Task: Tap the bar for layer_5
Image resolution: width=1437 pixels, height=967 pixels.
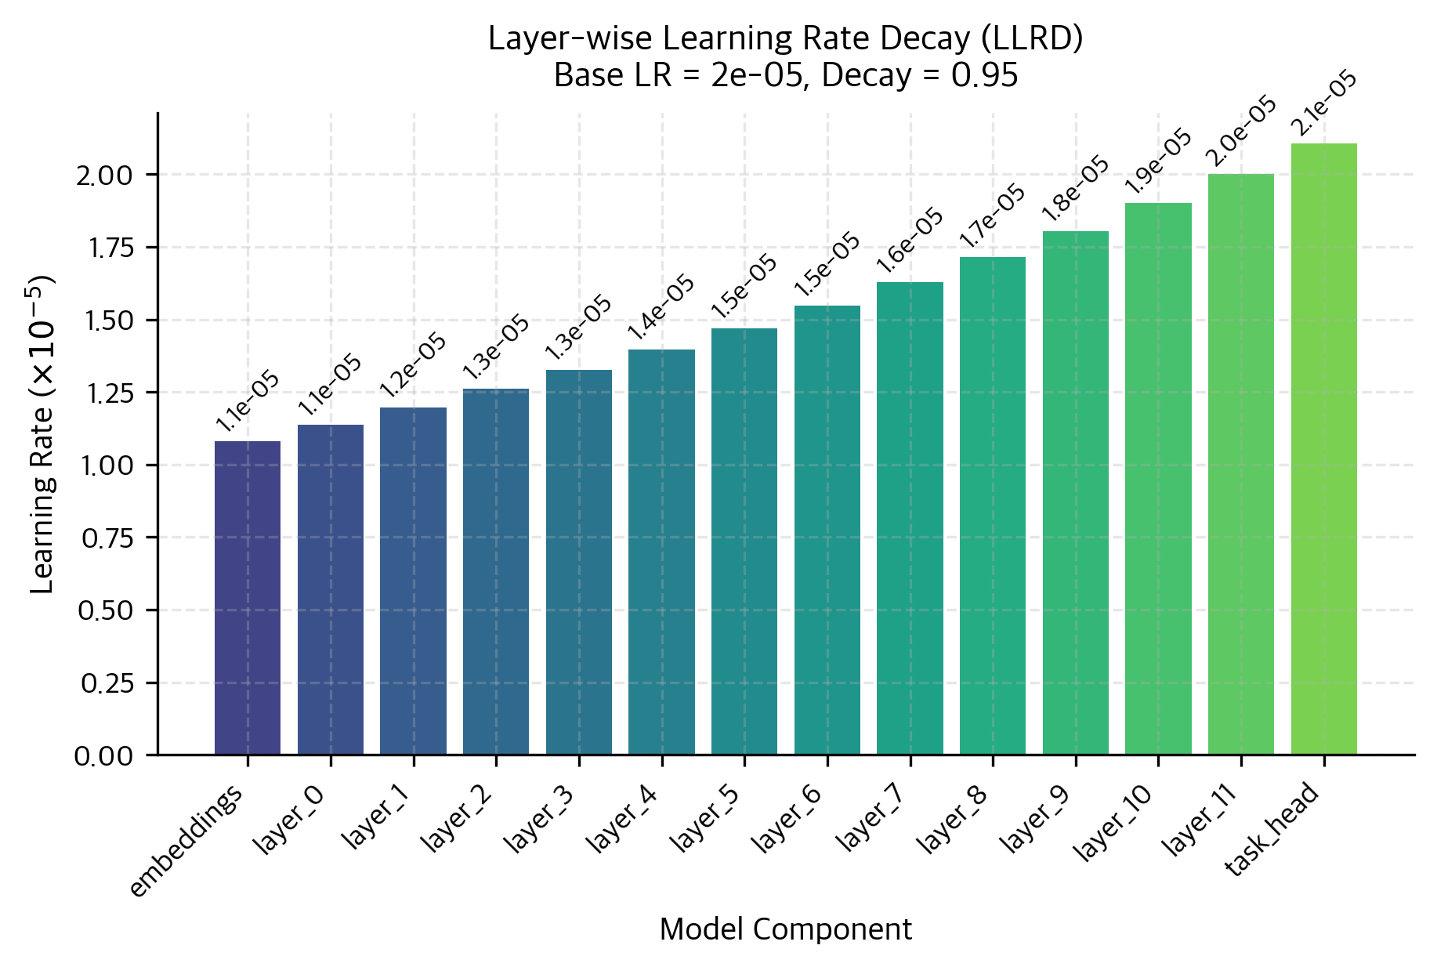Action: [x=744, y=541]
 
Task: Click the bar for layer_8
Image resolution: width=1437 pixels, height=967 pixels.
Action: [x=992, y=505]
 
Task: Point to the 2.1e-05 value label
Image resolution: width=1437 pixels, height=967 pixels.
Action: [x=1323, y=103]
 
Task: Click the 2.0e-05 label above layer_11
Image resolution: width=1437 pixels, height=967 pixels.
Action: [x=1241, y=132]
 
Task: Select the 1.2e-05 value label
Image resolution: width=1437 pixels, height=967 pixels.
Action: [x=413, y=365]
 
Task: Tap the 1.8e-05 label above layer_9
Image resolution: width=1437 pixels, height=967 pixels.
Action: [x=1075, y=189]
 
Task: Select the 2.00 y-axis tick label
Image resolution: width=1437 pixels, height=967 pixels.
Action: [x=105, y=175]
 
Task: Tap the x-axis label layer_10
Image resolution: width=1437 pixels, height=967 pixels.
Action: [x=1113, y=824]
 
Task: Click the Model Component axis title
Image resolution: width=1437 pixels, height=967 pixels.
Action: [x=785, y=929]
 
